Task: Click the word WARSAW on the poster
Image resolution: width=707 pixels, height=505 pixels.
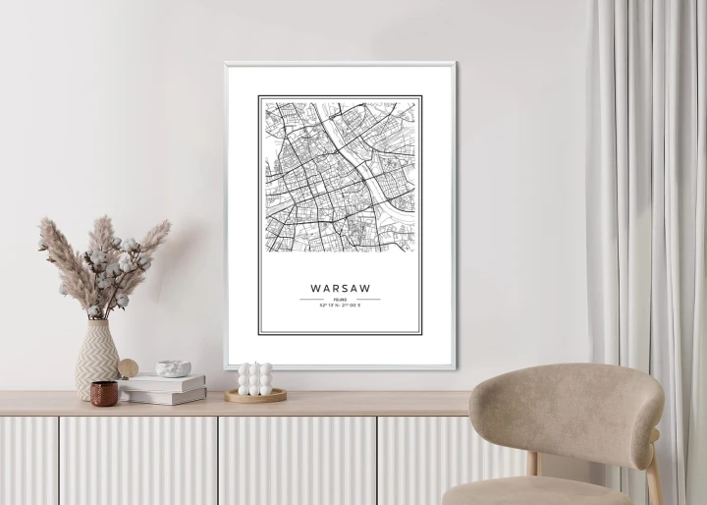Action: [x=340, y=288]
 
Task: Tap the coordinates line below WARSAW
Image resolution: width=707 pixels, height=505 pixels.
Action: [x=340, y=306]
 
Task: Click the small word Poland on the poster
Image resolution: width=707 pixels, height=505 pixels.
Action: [x=340, y=300]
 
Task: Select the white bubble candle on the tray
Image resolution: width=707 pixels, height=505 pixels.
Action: [x=255, y=378]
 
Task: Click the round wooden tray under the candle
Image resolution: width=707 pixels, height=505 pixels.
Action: [x=255, y=396]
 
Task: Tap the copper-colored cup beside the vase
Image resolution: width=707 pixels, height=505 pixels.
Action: [x=104, y=393]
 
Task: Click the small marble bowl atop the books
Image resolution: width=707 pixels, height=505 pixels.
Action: [x=174, y=368]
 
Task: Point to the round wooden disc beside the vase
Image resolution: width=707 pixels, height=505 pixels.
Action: [x=129, y=368]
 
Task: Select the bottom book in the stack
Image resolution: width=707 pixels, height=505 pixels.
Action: [x=165, y=396]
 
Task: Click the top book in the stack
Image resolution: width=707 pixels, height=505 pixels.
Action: [x=162, y=382]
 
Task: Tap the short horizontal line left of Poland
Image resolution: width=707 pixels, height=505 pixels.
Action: [x=311, y=300]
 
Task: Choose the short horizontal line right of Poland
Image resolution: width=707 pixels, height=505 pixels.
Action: [x=368, y=300]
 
